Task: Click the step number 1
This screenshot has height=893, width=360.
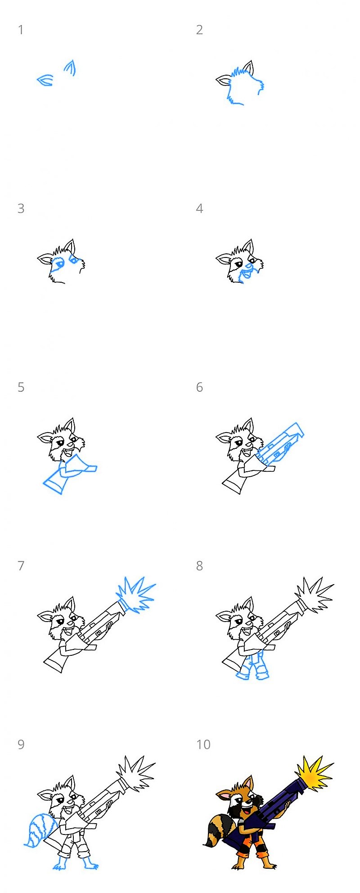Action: pos(20,30)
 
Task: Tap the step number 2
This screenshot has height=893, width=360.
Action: pos(199,30)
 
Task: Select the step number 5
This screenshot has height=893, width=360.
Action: pos(21,388)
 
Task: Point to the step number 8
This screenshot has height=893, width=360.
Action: pos(199,566)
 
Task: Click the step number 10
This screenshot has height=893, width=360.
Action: pos(203,745)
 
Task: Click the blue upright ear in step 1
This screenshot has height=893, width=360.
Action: pos(70,68)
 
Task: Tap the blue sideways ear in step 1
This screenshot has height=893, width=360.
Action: pos(45,81)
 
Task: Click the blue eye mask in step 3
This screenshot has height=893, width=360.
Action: pos(58,263)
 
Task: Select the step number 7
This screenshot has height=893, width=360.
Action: pos(21,566)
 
